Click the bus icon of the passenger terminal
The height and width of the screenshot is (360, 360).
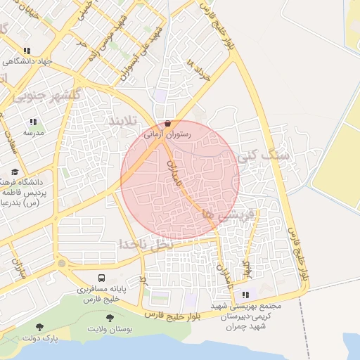pos(102,278)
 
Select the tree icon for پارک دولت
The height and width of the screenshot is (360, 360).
pos(39,327)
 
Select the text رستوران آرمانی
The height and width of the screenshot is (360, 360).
pos(167,132)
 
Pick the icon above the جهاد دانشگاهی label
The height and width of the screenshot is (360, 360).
pos(27,51)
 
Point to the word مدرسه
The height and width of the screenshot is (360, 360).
pos(33,132)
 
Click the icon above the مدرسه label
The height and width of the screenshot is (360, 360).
pos(33,122)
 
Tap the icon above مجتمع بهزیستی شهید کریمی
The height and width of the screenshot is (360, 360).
pos(245,295)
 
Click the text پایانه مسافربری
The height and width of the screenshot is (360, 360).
pos(102,289)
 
